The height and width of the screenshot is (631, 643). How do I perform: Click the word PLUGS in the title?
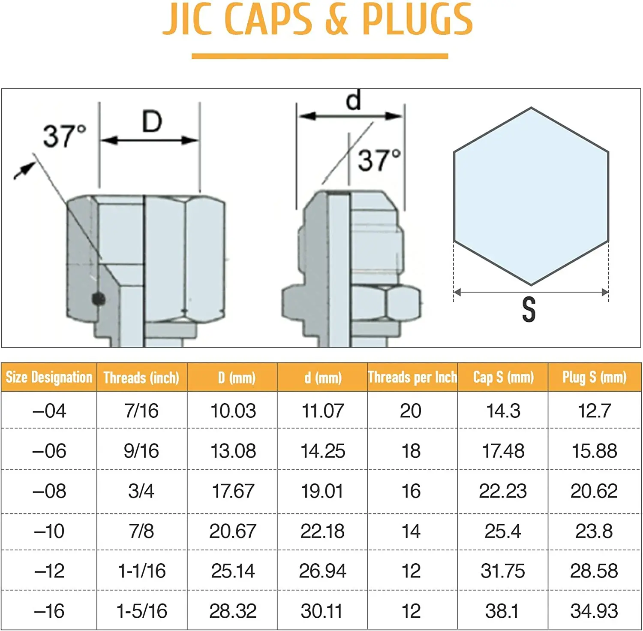point(417,20)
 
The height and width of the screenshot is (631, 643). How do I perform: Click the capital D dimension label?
point(152,122)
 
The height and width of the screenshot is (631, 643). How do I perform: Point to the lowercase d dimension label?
point(353,100)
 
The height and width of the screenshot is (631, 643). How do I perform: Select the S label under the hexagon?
point(529,310)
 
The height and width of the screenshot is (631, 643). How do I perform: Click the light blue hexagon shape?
point(531,196)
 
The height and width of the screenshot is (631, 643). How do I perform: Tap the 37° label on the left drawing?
point(64,136)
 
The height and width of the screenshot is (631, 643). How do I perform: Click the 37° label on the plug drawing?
point(379,160)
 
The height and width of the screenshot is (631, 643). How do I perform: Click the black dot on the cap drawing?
point(99,299)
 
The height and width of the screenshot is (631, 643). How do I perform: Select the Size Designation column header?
point(49,377)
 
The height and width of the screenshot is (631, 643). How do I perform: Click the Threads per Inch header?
point(412,377)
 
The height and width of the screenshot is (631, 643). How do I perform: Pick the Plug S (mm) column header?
point(594,377)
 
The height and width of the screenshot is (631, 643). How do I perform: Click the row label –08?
point(49,491)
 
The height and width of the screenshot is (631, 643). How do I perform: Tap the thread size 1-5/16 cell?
point(141,611)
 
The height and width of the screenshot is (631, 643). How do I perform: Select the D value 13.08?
point(233,451)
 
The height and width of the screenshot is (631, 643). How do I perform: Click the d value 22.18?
point(322,531)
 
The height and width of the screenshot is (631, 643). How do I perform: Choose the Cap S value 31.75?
point(502,571)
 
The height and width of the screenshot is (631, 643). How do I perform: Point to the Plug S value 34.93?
point(594,611)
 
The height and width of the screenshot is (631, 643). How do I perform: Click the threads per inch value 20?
point(411,411)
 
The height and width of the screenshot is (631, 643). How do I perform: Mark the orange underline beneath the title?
point(320,56)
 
